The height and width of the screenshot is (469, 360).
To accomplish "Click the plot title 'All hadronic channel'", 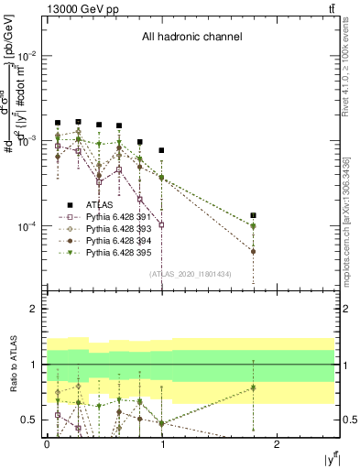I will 191,38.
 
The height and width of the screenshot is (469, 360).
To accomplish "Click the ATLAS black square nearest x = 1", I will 161,150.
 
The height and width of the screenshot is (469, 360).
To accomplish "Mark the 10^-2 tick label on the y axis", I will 27,56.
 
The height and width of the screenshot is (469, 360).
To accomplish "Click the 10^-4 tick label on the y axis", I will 27,226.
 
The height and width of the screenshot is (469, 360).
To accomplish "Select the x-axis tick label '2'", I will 278,442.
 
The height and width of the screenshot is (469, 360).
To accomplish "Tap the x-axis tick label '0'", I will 47,442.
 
